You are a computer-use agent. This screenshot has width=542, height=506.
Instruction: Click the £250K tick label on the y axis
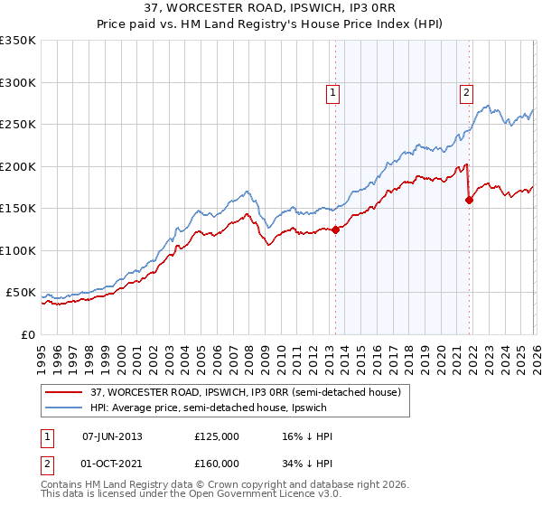pos(18,125)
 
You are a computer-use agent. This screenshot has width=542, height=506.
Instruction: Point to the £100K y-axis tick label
pos(18,250)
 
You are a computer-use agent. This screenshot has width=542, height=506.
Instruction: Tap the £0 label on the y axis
pos(28,334)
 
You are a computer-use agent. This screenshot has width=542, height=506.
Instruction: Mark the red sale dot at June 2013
pos(335,230)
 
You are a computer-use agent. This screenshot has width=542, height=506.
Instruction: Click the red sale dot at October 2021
pos(469,201)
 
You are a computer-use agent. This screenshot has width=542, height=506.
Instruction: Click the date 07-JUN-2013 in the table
pos(112,436)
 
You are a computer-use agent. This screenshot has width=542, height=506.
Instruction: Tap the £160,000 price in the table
pos(216,464)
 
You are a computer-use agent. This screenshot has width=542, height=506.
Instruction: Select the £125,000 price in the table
pos(216,436)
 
